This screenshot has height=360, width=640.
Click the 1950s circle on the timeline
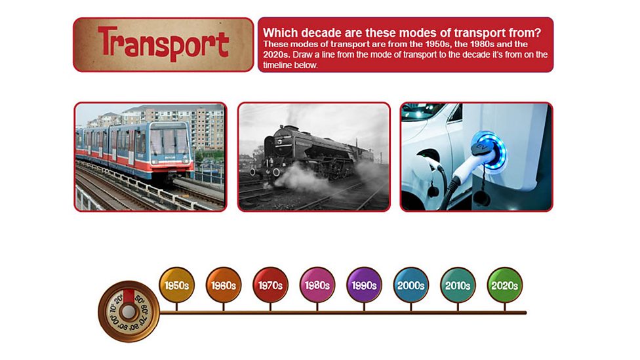click(177, 285)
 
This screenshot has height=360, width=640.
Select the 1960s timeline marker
click(224, 285)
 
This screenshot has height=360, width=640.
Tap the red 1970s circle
click(270, 285)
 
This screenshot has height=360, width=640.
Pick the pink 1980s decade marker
click(317, 285)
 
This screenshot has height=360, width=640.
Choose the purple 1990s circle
click(364, 285)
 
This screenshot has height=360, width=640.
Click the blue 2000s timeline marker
click(411, 285)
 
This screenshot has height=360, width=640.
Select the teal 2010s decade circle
click(458, 285)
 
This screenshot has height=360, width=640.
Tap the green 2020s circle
click(504, 285)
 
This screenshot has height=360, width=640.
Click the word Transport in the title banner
click(163, 45)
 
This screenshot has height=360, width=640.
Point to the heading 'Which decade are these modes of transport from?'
click(402, 32)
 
